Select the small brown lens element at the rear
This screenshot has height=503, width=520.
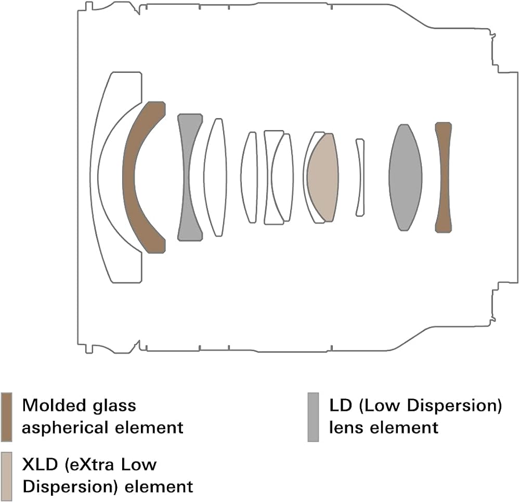click(444, 177)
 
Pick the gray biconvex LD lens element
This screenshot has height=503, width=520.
click(405, 177)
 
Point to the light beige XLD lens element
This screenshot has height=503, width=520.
click(323, 177)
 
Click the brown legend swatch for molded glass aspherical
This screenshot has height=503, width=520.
click(7, 417)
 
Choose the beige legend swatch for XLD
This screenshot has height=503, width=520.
click(7, 476)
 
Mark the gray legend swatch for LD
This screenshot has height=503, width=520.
click(314, 417)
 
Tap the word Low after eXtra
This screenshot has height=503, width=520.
click(139, 465)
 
